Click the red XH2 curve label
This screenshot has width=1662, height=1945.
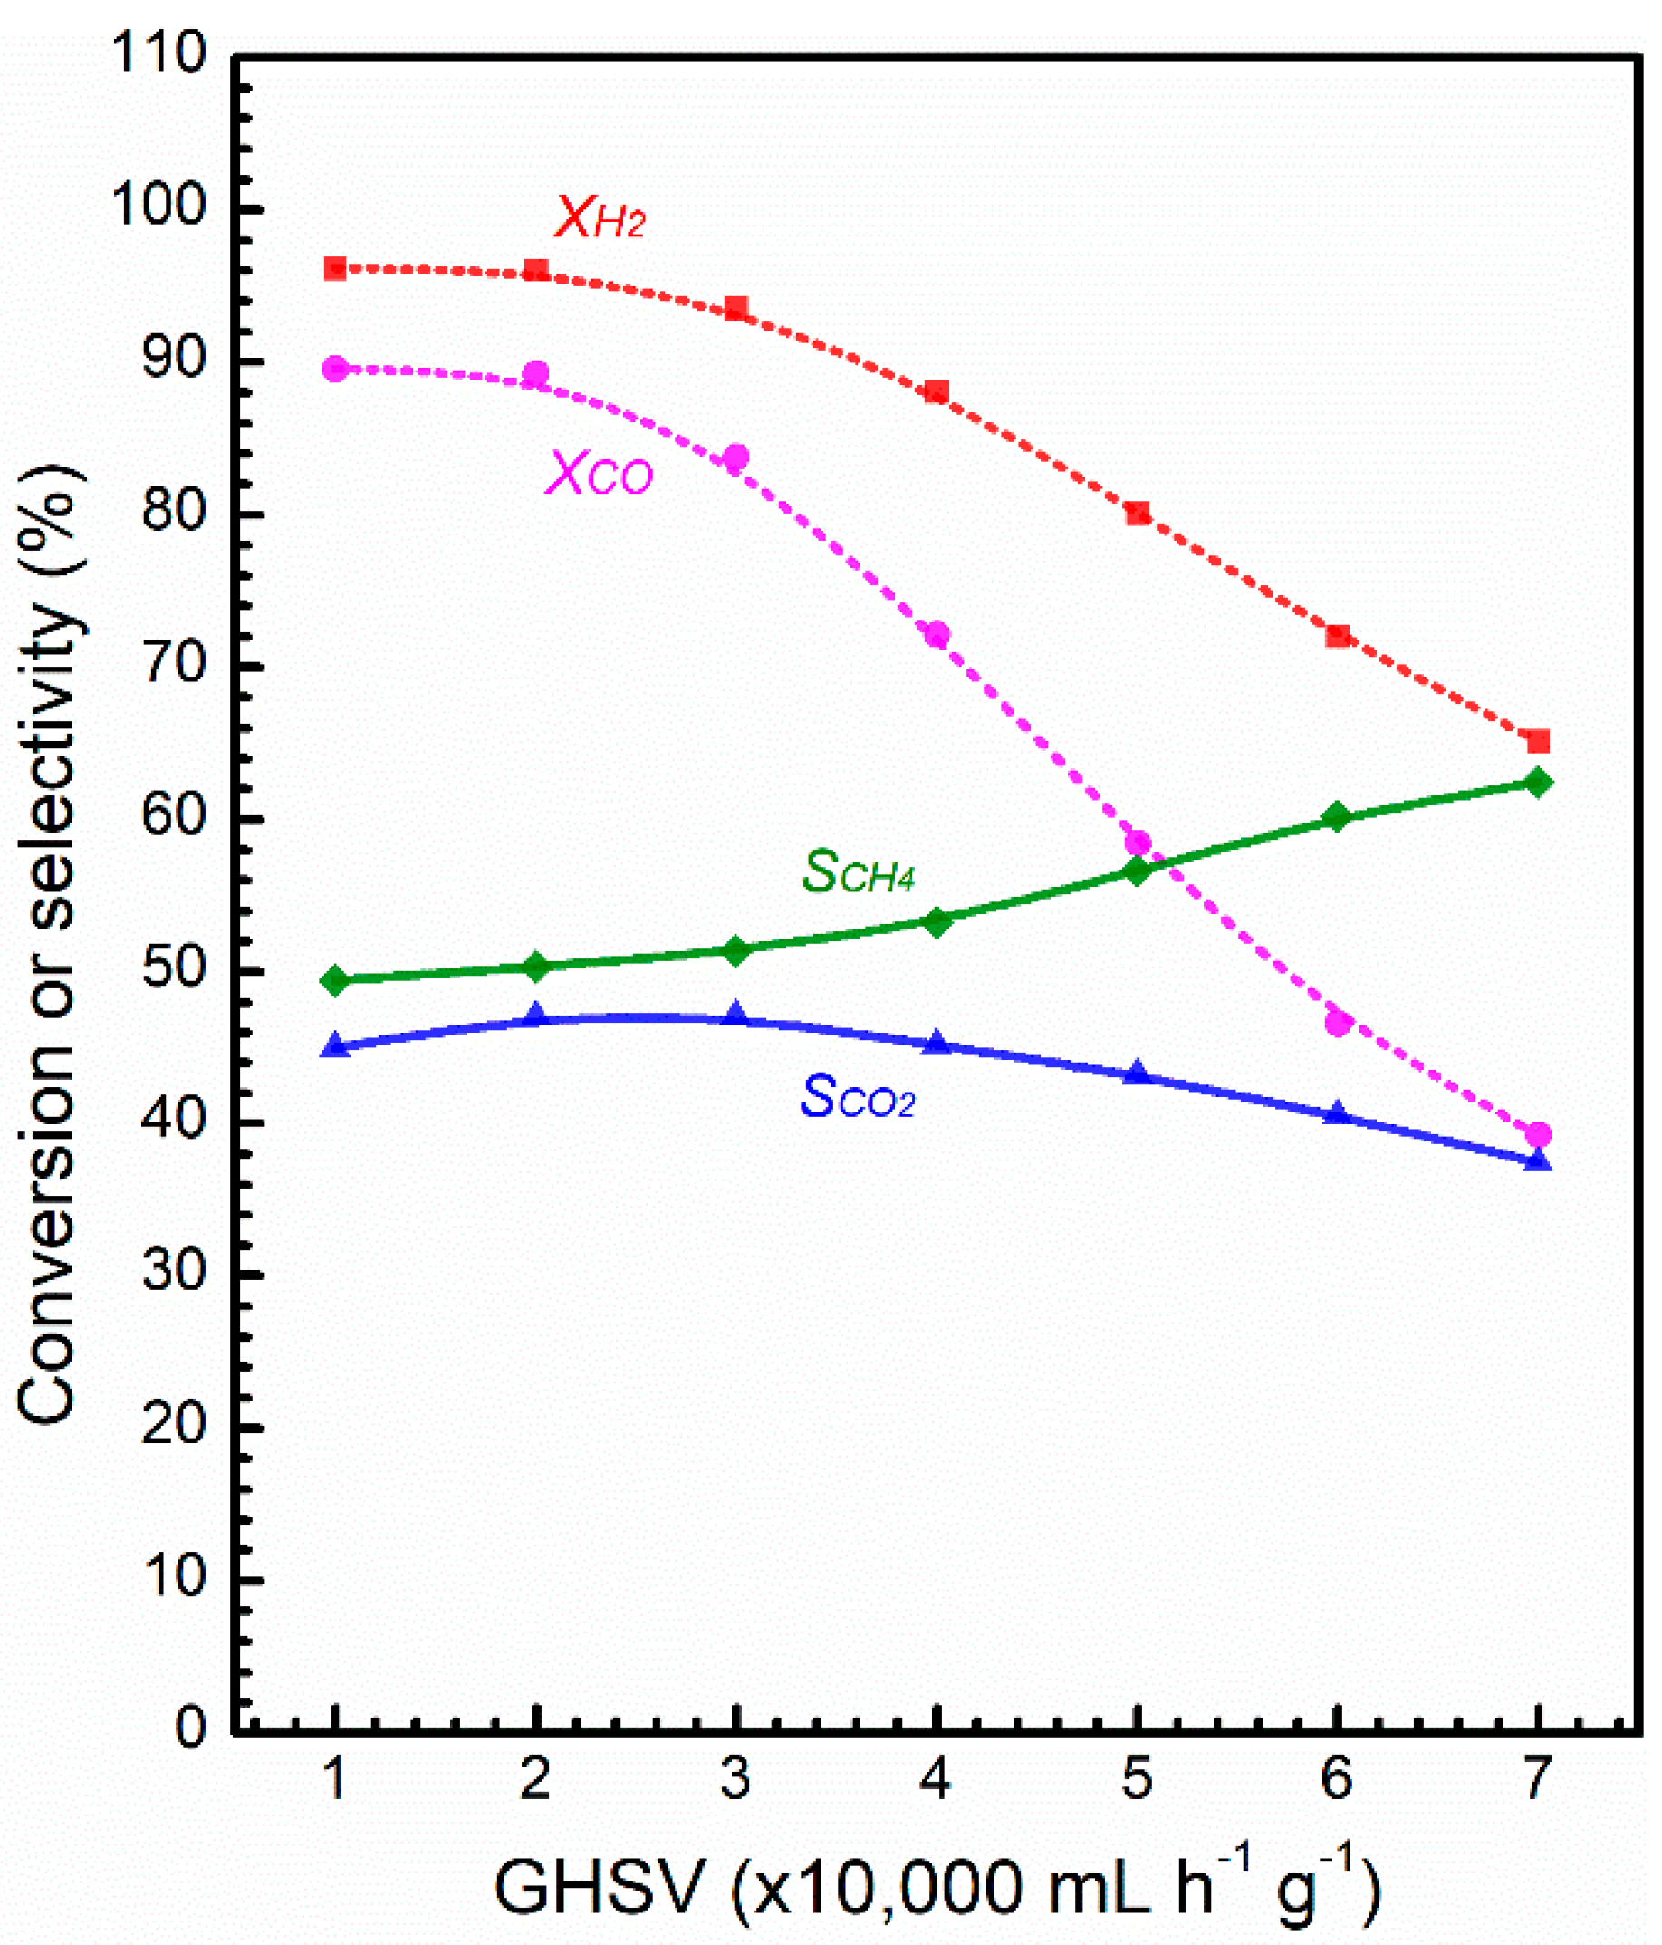[x=599, y=218]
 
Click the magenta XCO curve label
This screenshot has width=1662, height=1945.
[x=599, y=473]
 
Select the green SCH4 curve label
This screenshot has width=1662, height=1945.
[x=857, y=871]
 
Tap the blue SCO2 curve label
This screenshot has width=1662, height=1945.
[x=856, y=1096]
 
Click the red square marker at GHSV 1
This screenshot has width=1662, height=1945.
[x=335, y=269]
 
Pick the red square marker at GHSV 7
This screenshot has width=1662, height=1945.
[x=1537, y=743]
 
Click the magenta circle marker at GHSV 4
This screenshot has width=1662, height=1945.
[x=937, y=634]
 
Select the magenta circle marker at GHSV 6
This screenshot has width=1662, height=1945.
[x=1337, y=1023]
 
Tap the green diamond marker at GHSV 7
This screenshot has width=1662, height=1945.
[x=1537, y=782]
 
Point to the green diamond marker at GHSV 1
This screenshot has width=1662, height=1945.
[x=335, y=981]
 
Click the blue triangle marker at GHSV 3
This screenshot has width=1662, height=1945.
[x=735, y=1015]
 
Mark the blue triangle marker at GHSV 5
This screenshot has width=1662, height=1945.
[x=1137, y=1073]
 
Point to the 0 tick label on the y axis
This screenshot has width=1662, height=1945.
[x=188, y=1728]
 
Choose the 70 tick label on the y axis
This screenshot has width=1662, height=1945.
[x=173, y=665]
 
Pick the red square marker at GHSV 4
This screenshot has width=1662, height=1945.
[x=937, y=391]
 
